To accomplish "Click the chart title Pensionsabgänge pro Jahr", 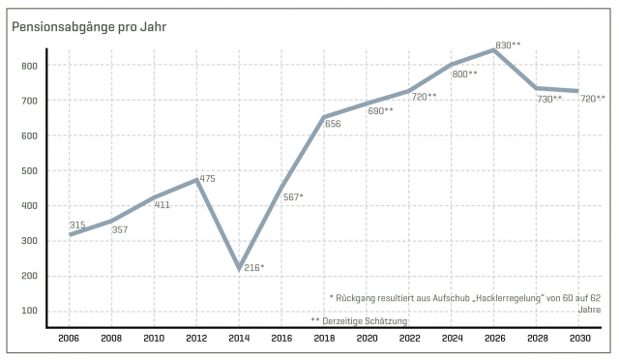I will (89, 27).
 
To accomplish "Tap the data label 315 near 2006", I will (77, 225).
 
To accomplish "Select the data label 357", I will (120, 229).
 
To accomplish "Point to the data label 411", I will (162, 204).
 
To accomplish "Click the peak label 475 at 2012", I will (206, 178).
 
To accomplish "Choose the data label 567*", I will (291, 196).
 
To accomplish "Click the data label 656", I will (333, 123).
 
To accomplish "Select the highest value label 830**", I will (508, 45).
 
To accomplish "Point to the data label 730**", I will (549, 99).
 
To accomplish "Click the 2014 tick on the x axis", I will (238, 340).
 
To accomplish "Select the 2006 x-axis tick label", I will (69, 340).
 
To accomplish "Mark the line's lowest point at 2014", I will (238, 268).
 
